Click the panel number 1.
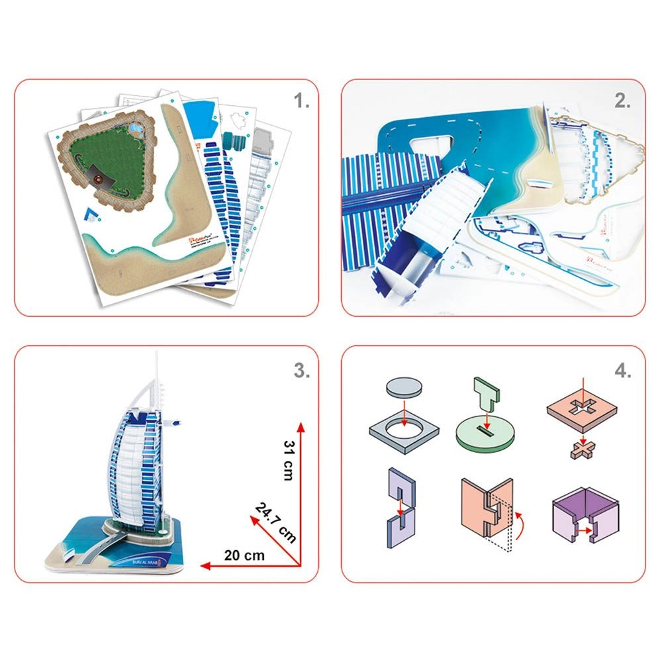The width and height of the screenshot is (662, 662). click(302, 101)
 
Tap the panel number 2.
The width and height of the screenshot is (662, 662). click(622, 101)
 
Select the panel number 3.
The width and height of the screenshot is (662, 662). click(302, 370)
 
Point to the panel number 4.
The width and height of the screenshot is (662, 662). click(622, 370)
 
